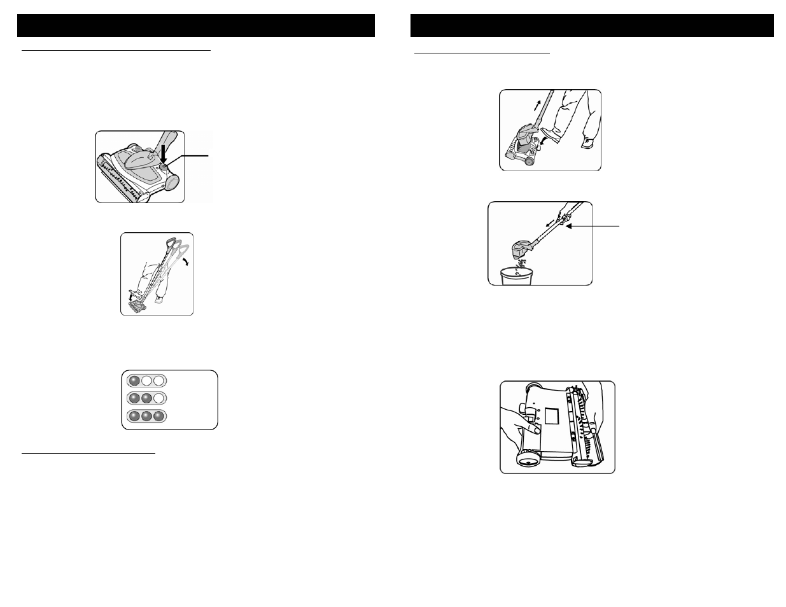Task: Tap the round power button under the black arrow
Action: click(x=164, y=167)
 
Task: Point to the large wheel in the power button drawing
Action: click(x=172, y=181)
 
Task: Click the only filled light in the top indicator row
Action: click(x=134, y=380)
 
